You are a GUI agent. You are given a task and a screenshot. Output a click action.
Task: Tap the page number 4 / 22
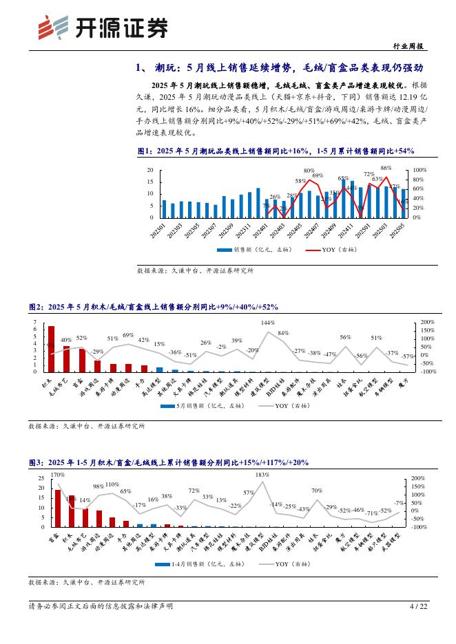click(x=419, y=606)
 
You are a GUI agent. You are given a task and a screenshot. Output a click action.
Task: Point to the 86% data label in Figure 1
click(x=386, y=168)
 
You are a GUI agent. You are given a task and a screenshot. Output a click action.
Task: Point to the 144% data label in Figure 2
click(x=267, y=323)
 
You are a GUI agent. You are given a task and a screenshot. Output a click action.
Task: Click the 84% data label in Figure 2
click(x=282, y=333)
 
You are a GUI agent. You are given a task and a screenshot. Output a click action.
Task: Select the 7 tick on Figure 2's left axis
click(x=35, y=322)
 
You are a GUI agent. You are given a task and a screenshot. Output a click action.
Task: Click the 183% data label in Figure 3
click(x=262, y=475)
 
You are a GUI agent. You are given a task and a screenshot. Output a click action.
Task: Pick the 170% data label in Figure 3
click(x=57, y=475)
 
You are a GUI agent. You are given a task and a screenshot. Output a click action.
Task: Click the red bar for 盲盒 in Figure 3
click(x=58, y=508)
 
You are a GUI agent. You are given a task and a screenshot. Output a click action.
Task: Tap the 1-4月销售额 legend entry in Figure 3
click(x=188, y=563)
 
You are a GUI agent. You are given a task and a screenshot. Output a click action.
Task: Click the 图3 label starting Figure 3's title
click(x=36, y=462)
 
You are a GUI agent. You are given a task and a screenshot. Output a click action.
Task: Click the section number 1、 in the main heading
click(x=143, y=67)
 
